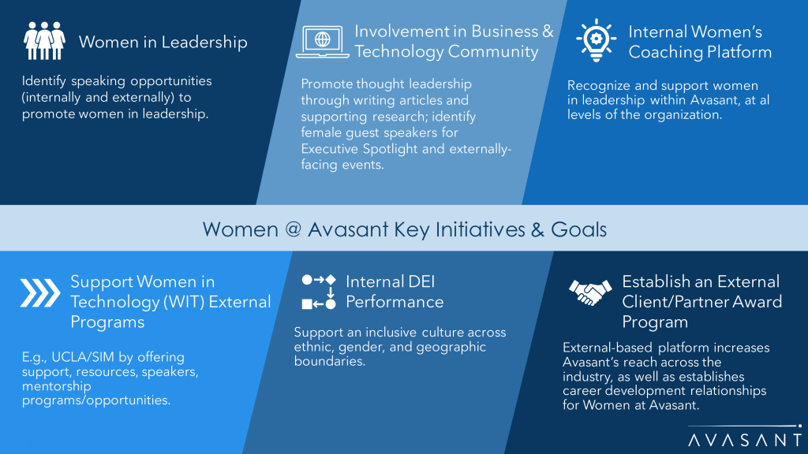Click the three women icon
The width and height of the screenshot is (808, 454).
point(44,41)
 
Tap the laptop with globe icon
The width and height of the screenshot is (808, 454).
point(323,41)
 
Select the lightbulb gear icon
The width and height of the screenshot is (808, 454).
point(597,40)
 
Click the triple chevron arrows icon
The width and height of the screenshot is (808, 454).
point(40,293)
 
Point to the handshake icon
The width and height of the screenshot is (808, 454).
point(590,292)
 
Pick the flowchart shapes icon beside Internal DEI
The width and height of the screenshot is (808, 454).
point(319,292)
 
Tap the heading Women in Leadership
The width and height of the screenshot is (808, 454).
point(163,43)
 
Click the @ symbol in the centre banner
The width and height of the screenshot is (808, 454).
point(293,229)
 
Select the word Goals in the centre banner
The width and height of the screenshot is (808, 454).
point(578,229)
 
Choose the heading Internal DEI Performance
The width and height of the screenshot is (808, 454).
point(395,292)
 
